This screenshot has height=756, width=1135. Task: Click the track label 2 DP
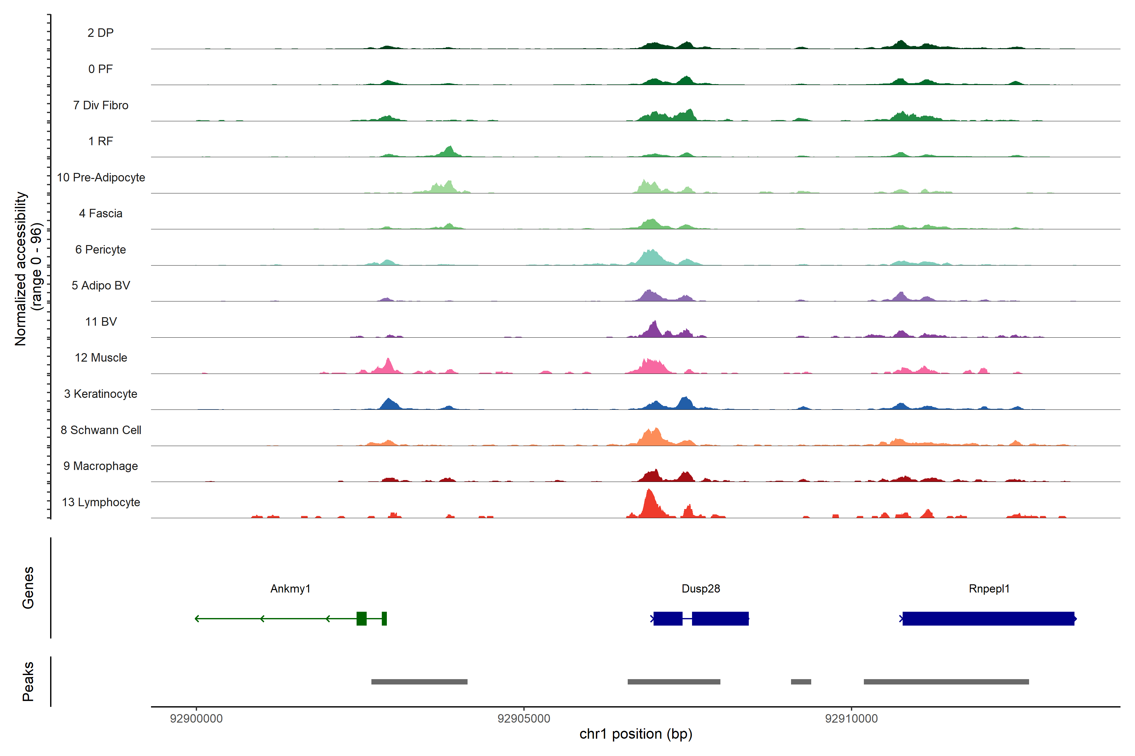point(100,33)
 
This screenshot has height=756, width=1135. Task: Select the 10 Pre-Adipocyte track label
point(101,177)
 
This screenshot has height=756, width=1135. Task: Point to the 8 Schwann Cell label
point(101,430)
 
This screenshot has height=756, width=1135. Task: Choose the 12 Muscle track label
point(101,358)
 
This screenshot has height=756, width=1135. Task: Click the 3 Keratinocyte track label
point(101,394)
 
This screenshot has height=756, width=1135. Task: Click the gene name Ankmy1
point(290,589)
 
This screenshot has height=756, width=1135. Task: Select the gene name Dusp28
point(701,589)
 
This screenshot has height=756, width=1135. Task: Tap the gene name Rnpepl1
point(989,589)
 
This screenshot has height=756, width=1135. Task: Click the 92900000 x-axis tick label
point(196,719)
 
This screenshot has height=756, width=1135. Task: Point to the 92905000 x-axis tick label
point(524,719)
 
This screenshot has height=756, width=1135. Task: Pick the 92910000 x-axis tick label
point(851,719)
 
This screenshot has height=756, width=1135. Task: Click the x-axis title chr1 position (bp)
point(636,734)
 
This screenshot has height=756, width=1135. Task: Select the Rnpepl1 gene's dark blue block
point(988,619)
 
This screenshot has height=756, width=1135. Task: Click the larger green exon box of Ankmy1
point(361,619)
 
